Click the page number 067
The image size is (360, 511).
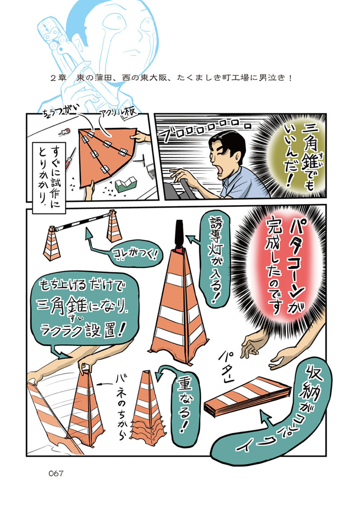[56, 473]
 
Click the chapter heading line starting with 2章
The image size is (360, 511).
[171, 78]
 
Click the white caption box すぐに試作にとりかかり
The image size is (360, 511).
[51, 176]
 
